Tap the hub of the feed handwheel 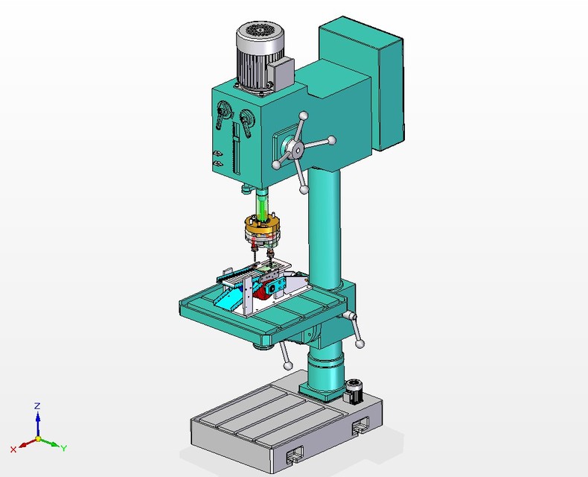point(297,151)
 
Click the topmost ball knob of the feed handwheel point(304,116)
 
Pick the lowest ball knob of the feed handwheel point(304,191)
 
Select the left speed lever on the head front point(222,116)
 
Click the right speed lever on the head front point(246,122)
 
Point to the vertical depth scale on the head point(237,153)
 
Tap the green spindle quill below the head point(262,203)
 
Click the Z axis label point(37,406)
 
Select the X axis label point(13,449)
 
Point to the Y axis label point(64,448)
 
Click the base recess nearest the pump point(362,426)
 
